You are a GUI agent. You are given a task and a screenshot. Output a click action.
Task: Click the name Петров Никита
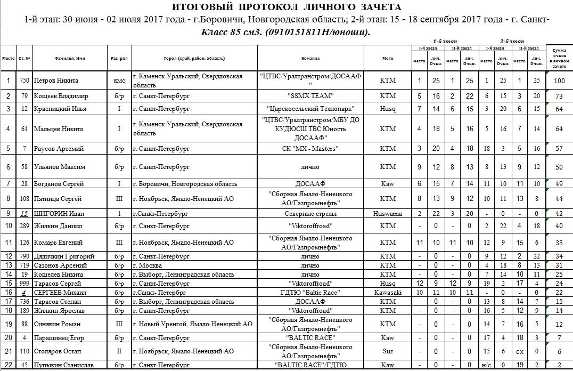pyautogui.click(x=56, y=81)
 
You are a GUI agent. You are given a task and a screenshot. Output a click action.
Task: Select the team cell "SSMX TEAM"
pyautogui.click(x=310, y=96)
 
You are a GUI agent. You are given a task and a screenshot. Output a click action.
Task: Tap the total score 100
pyautogui.click(x=559, y=81)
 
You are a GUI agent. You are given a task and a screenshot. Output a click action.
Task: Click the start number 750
pyautogui.click(x=24, y=81)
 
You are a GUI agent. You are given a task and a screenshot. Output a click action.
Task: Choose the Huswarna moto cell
pyautogui.click(x=388, y=214)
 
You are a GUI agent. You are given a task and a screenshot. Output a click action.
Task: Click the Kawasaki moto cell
pyautogui.click(x=388, y=292)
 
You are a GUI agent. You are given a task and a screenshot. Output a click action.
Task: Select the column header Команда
pyautogui.click(x=310, y=59)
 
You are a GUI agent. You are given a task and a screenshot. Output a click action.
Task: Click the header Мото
pyautogui.click(x=388, y=59)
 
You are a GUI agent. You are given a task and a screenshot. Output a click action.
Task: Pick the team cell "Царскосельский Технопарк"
pyautogui.click(x=310, y=109)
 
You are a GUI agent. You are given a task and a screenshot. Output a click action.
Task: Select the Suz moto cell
pyautogui.click(x=388, y=351)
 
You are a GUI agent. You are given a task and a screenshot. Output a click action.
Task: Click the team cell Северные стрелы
pyautogui.click(x=310, y=214)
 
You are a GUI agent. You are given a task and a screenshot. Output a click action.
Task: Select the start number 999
pyautogui.click(x=24, y=284)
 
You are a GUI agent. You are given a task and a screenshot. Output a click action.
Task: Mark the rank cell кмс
pyautogui.click(x=119, y=81)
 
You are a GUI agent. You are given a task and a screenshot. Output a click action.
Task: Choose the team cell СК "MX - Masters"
pyautogui.click(x=310, y=149)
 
